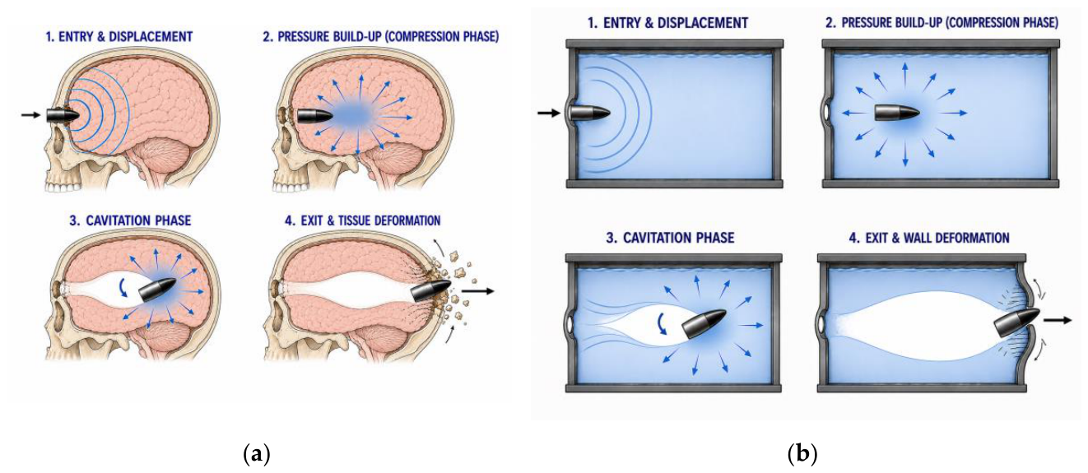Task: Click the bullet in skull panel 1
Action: [63, 115]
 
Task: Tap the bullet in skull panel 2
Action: [314, 116]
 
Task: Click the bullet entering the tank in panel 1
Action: [589, 114]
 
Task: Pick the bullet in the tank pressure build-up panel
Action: [897, 114]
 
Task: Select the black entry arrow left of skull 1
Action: [30, 115]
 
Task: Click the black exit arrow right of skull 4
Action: [477, 291]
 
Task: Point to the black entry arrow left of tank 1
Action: [549, 114]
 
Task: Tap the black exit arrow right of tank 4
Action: [1058, 320]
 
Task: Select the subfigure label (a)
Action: [256, 455]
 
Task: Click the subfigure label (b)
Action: [802, 455]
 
